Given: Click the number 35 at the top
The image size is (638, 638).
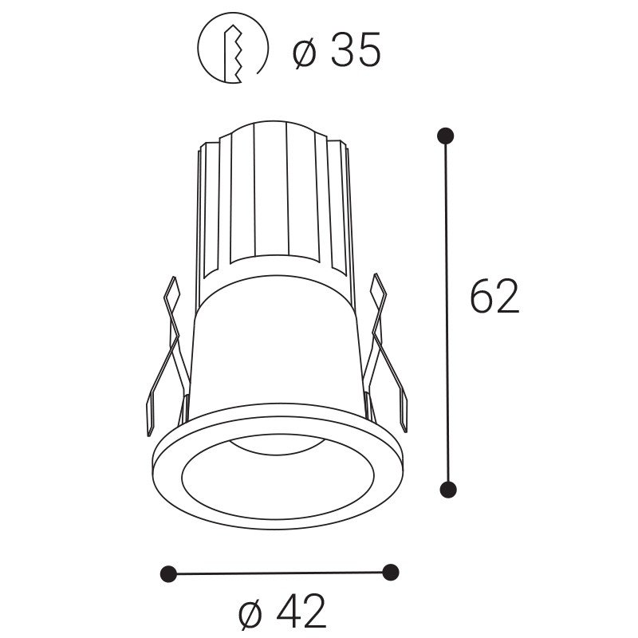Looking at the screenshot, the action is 356,49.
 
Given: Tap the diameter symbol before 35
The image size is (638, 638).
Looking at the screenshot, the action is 305,52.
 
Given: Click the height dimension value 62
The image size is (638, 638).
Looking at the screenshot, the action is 494,295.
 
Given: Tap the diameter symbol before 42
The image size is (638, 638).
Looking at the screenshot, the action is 251,613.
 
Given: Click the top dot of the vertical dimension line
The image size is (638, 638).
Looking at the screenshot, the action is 446,136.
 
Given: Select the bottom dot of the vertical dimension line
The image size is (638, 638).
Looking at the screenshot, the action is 448,489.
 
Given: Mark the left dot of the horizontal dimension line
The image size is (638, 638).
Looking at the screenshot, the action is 169,573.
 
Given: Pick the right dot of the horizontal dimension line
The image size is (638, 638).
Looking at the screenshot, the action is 391,572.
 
